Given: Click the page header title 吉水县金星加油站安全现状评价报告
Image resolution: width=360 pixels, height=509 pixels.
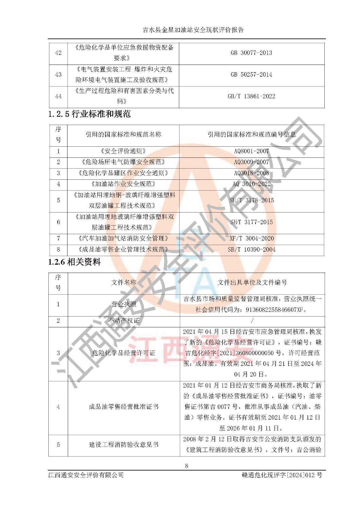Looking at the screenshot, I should (x=193, y=30).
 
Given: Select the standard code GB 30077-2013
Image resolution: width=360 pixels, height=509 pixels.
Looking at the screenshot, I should (x=251, y=53).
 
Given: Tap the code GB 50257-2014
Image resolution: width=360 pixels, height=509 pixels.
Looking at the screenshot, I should (x=251, y=75).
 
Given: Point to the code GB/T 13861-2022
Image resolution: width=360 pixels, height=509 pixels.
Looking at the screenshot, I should (x=251, y=96).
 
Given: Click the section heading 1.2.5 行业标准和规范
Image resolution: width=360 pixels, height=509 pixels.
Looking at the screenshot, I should (x=89, y=114).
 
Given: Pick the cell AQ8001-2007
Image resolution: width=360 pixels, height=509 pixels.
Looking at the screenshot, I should (x=251, y=151).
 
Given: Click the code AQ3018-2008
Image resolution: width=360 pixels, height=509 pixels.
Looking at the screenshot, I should (x=251, y=173).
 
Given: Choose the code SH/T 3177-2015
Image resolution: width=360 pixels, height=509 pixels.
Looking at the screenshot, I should (x=251, y=222).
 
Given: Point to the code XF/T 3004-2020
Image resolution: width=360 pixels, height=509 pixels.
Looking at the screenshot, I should (x=251, y=239).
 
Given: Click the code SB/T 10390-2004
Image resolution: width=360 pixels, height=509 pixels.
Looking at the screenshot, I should (x=251, y=250).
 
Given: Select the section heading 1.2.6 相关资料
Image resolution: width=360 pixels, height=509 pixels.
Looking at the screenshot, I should (x=74, y=262).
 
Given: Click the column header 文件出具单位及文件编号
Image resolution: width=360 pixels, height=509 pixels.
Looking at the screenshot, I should (x=252, y=282).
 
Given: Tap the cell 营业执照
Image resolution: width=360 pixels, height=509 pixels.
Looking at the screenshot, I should (x=124, y=304).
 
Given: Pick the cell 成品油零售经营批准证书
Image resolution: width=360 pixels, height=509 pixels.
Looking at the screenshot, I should (x=124, y=407).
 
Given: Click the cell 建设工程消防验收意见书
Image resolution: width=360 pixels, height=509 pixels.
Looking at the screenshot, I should (x=124, y=444).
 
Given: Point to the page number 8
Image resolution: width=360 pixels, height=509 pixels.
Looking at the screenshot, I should (x=187, y=466).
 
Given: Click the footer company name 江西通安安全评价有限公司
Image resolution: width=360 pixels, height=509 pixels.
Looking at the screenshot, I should (x=86, y=475).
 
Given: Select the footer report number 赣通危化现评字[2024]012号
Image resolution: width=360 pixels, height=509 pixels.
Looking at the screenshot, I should (x=282, y=475).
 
